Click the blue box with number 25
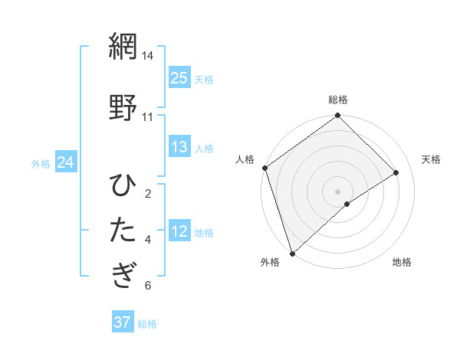179,78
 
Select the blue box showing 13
179,148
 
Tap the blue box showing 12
179,232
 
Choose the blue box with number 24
65,162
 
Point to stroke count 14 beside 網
147,57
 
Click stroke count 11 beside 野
147,117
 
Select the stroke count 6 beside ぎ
148,286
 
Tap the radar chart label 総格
338,100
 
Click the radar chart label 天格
431,159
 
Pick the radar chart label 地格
402,263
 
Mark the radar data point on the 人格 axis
264,168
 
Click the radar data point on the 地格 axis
347,204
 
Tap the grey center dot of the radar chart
337,191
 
